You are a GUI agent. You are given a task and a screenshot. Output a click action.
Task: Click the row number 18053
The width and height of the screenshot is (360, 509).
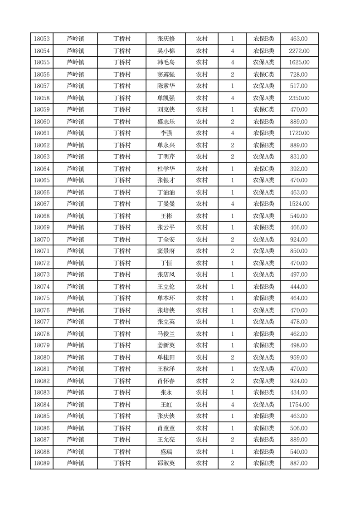click(42, 39)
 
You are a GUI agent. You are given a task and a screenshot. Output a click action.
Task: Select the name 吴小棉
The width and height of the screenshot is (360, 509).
click(166, 51)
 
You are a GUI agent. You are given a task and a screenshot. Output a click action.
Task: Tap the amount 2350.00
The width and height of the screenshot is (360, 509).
click(299, 98)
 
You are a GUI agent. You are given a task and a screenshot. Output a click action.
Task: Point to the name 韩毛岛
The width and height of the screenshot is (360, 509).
click(166, 63)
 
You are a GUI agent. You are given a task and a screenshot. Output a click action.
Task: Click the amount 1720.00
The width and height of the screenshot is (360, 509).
click(299, 133)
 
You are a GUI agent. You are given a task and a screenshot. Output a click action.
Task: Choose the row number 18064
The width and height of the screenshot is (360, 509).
click(42, 169)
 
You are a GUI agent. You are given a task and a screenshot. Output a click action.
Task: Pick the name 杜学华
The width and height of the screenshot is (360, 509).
click(166, 169)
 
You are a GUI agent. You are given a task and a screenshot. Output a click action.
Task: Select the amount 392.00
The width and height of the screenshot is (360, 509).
click(299, 169)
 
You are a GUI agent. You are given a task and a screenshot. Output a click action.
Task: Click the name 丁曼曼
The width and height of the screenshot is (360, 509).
click(166, 204)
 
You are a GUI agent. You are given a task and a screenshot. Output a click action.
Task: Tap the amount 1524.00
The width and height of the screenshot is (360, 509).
click(299, 204)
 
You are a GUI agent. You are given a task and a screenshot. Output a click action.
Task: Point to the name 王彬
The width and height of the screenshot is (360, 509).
click(166, 216)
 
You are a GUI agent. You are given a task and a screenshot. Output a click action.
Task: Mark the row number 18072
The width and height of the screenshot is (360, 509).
click(42, 263)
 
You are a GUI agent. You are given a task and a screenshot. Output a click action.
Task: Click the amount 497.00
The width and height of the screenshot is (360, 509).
click(299, 275)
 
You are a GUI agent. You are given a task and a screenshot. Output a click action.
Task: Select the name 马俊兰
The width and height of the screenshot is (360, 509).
click(166, 334)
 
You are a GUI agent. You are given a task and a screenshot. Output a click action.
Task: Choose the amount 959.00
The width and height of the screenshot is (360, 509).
click(299, 357)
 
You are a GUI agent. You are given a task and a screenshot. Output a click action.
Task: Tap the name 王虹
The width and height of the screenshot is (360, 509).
click(166, 405)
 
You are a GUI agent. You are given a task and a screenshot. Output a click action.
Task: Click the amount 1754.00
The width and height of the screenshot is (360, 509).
click(299, 405)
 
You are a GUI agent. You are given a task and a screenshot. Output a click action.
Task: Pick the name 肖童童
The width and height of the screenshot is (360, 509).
click(166, 428)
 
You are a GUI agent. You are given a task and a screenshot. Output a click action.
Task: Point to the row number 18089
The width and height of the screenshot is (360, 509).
click(42, 463)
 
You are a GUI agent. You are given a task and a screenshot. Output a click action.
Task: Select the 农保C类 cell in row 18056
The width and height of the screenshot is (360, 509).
click(263, 74)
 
